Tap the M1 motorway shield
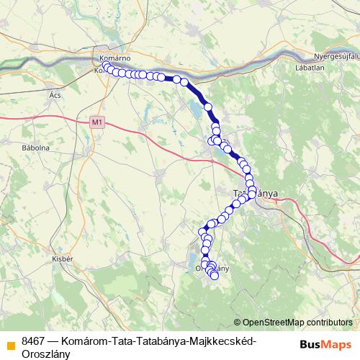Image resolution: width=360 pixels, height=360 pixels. [98, 123]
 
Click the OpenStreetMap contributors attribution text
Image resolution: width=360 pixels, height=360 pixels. [297, 322]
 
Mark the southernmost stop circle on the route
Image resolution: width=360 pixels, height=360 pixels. [214, 276]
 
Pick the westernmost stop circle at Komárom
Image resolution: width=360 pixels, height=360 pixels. [106, 66]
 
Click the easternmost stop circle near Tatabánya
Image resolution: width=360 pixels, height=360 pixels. [252, 190]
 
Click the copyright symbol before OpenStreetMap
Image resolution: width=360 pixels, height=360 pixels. [238, 322]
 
